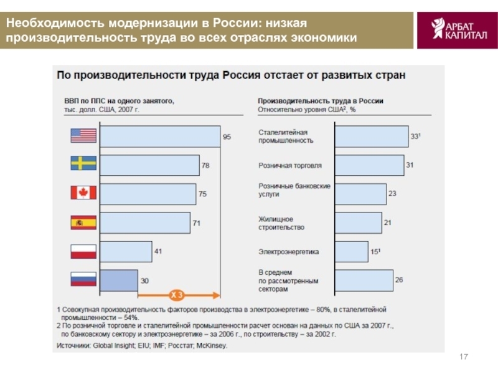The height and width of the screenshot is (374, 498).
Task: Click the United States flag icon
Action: pos(83,135)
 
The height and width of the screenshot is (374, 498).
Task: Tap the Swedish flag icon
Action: pos(83,163)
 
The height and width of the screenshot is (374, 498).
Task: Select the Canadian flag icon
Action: pos(83,192)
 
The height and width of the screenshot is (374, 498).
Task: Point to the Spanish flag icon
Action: pos(83,222)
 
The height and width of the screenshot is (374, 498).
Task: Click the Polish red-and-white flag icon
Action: pos(83,251)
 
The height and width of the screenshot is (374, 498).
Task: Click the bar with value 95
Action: pos(160,136)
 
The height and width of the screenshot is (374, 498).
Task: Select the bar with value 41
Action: pos(126,251)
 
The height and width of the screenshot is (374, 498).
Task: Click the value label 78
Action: pos(205,165)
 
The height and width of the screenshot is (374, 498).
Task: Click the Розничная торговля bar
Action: pos(369,165)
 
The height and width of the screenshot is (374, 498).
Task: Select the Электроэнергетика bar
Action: pos(351,252)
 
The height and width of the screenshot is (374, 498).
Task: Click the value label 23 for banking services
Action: pos(392,193)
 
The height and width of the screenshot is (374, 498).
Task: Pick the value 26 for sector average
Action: pos(399,279)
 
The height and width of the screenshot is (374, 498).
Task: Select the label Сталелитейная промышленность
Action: pos(286,136)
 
